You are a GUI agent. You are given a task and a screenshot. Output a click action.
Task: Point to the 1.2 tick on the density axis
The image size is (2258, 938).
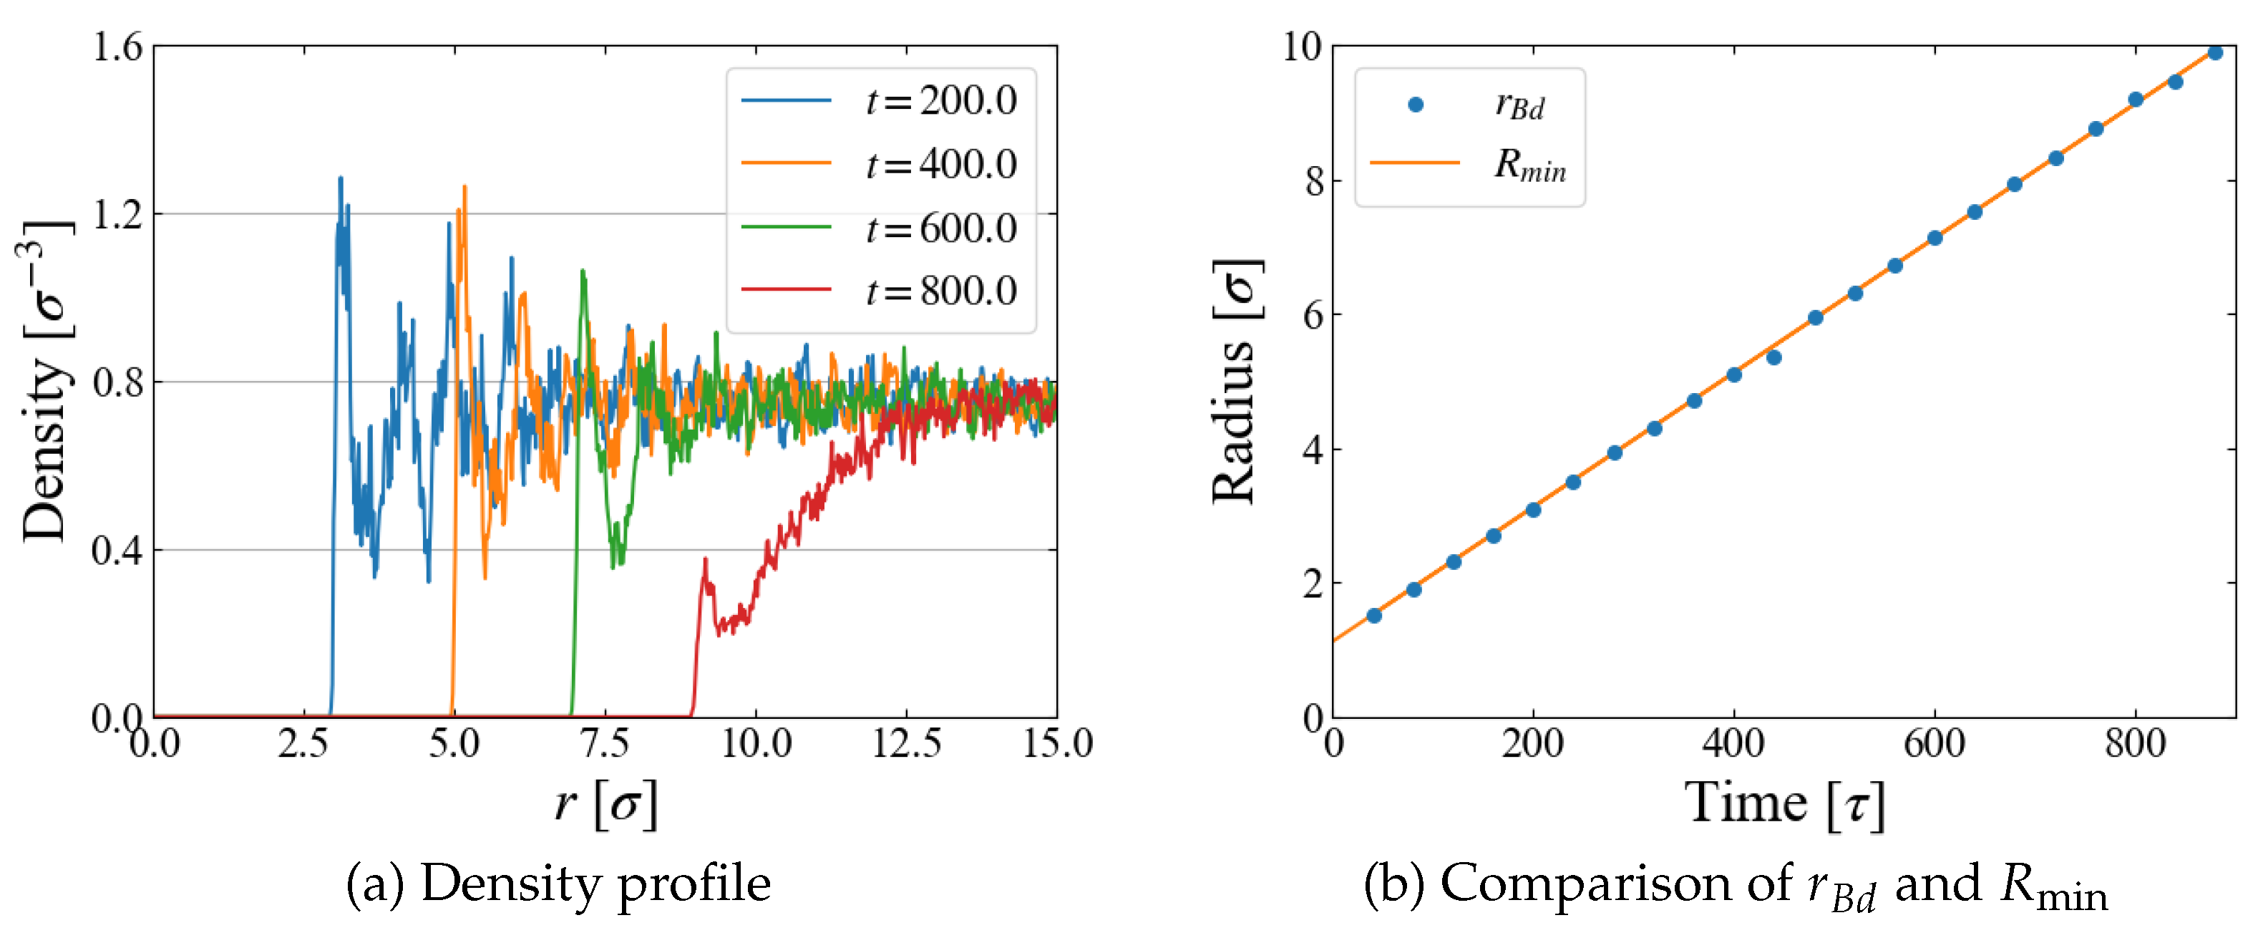[117, 215]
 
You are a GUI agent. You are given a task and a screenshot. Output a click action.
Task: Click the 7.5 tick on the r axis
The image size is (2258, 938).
[605, 744]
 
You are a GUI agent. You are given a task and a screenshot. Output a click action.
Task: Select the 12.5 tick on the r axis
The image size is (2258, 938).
[906, 744]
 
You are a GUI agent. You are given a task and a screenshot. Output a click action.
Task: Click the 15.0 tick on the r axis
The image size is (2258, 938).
[1057, 744]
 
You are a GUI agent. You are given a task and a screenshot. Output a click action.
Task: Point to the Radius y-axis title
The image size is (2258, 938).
[1236, 382]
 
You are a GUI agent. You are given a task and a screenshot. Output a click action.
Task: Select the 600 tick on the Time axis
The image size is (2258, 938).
[1934, 744]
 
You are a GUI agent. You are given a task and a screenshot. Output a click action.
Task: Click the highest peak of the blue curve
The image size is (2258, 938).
[340, 178]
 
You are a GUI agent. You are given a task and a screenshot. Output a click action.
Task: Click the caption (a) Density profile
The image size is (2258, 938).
[558, 883]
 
